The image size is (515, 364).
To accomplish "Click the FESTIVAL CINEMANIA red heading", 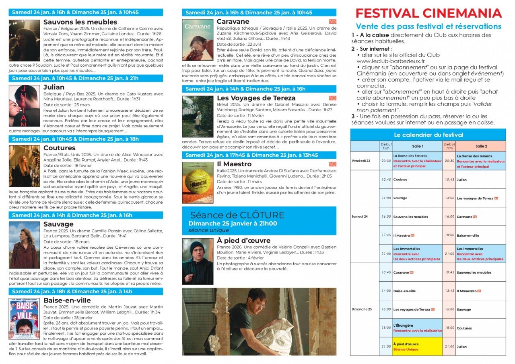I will [x=428, y=13].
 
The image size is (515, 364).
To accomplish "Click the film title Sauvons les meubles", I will [x=80, y=22].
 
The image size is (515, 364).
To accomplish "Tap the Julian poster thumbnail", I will [x=25, y=106].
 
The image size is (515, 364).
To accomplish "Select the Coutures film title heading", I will [x=59, y=148].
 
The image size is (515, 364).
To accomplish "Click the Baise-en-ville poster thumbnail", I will [x=25, y=319].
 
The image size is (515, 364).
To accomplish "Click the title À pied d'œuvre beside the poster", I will [x=243, y=240].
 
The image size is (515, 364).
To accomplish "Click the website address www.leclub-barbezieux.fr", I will [x=391, y=61].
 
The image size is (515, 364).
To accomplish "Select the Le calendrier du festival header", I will [x=428, y=135].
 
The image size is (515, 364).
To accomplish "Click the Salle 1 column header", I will [x=418, y=146].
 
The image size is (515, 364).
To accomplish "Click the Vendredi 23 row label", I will [x=361, y=161].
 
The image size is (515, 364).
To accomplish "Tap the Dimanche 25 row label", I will [x=362, y=309].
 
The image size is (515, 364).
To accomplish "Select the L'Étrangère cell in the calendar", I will [x=417, y=328].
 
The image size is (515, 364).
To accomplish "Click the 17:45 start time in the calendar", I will [x=386, y=235].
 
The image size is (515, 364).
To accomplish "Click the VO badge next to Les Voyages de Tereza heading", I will [x=333, y=98].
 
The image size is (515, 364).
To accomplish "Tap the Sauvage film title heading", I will [x=58, y=224].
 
